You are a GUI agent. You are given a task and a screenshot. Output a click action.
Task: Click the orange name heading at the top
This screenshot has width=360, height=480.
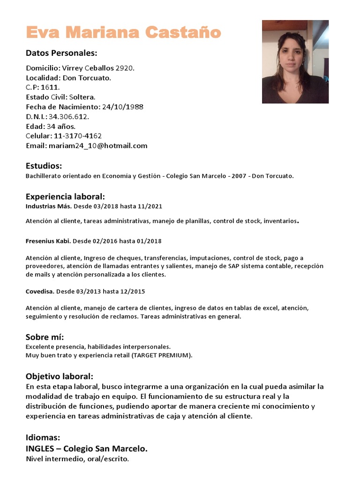pos(123,32)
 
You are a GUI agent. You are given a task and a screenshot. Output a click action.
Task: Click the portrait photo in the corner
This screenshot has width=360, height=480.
pos(295,61)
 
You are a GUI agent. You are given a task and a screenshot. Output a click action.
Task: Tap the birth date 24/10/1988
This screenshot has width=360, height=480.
pos(122,107)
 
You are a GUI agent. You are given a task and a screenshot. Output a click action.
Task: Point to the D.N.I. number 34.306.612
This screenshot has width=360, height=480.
pos(68,117)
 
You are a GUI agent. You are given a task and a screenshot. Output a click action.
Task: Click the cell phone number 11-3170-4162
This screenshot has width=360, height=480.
pos(78,136)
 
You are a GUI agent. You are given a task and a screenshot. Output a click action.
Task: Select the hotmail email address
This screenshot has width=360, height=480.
pos(98,146)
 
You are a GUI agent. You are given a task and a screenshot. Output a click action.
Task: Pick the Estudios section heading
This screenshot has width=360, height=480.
pos(44,165)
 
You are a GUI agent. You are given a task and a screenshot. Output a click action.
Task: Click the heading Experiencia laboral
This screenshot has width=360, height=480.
pos(65,196)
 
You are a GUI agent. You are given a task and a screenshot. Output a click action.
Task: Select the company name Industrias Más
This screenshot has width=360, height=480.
pos(49,206)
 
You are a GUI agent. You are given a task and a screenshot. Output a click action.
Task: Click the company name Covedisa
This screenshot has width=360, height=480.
pos(40,292)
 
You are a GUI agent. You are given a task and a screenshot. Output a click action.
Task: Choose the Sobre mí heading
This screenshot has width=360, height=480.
pos(45,337)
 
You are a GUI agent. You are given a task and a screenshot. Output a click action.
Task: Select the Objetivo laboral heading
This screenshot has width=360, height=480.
pos(60,376)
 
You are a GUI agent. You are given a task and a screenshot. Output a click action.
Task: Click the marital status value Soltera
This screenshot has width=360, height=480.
pos(82,97)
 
